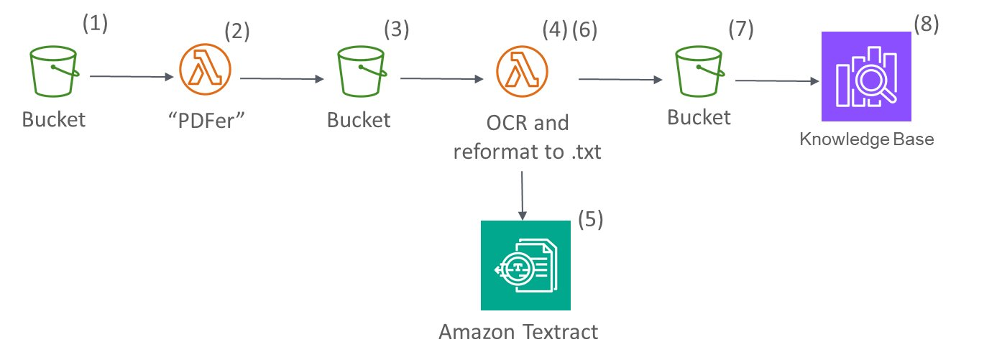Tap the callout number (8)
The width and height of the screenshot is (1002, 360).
coord(926,23)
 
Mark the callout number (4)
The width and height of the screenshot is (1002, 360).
coord(554,30)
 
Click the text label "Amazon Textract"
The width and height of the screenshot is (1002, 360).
coord(518,332)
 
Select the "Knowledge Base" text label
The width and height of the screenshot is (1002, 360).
coord(866,139)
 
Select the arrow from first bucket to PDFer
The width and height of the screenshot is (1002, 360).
coord(132,75)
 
